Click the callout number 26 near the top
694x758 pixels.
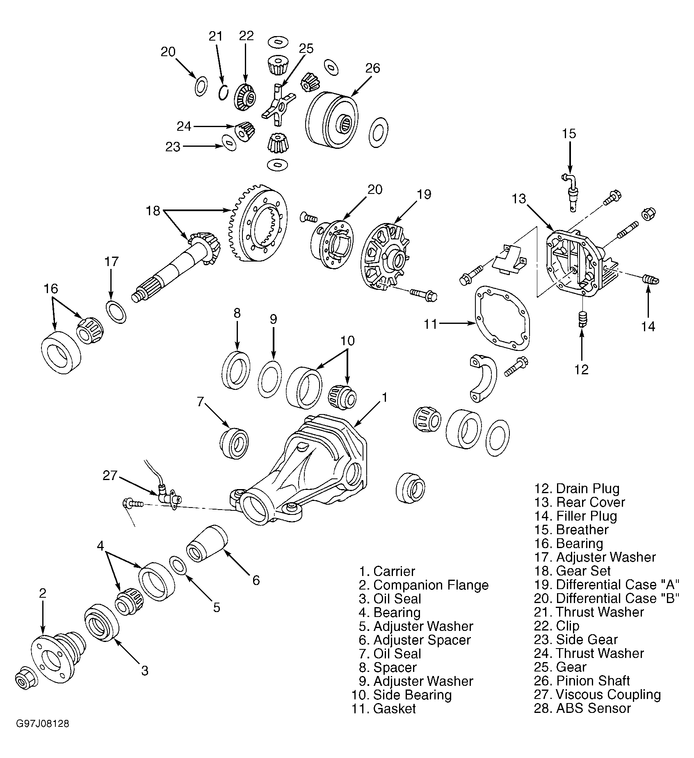[372, 68]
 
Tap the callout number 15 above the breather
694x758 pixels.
[569, 134]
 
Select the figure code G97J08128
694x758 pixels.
[43, 735]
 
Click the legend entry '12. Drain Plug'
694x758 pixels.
[577, 489]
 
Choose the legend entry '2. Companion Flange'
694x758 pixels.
[424, 585]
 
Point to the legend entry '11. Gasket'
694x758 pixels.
[384, 708]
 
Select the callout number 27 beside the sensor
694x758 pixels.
[110, 475]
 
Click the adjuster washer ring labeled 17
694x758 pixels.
[116, 312]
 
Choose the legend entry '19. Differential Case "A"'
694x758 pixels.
[607, 585]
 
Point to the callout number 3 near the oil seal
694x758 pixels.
[144, 671]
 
